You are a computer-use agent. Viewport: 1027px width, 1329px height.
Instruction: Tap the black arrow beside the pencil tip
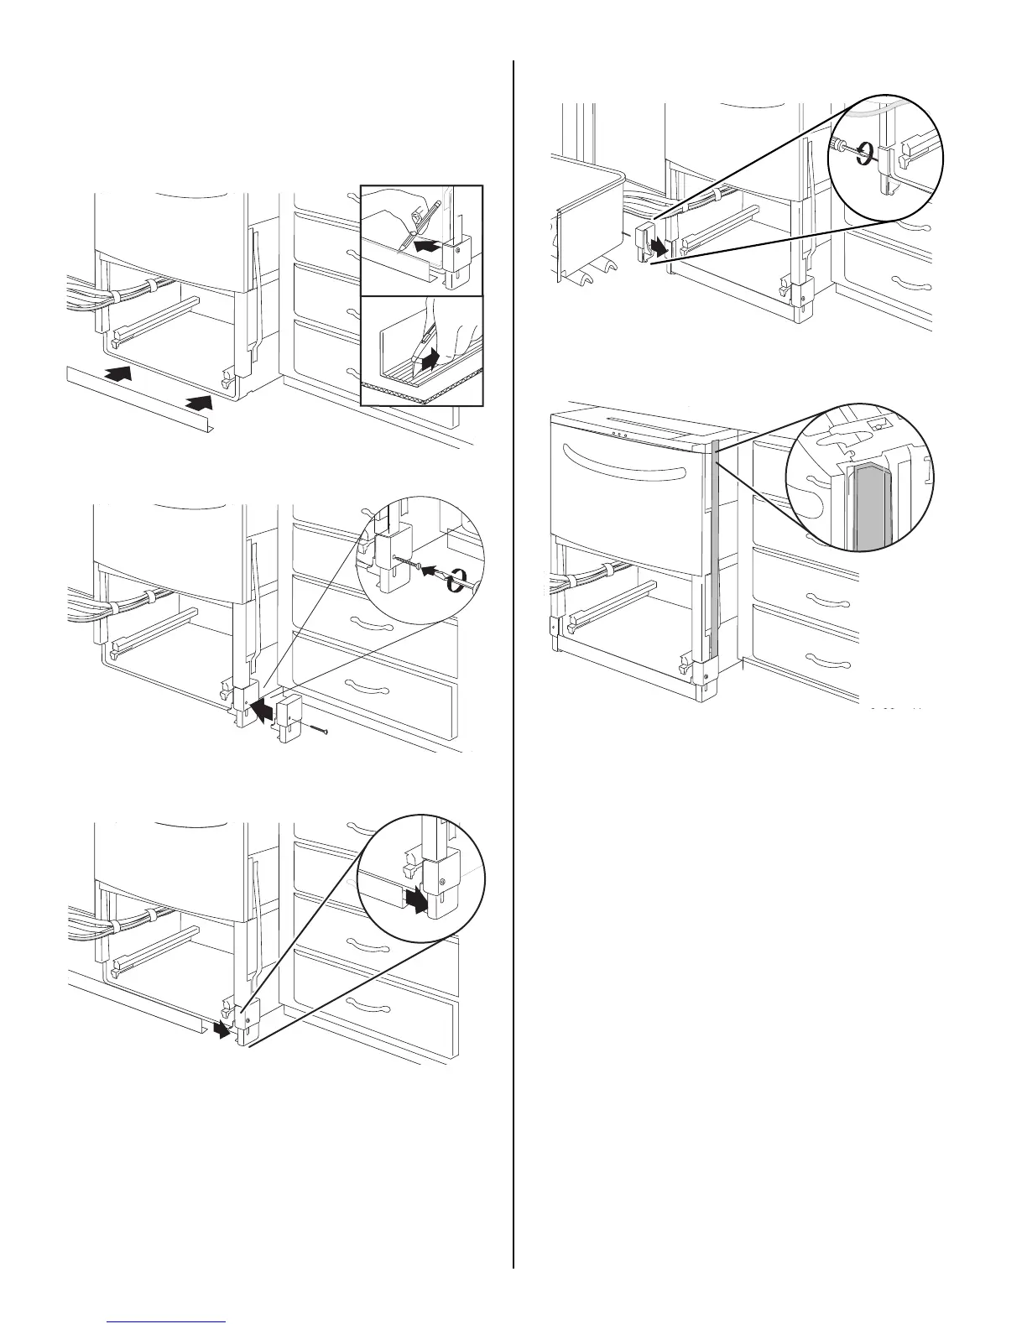pos(425,247)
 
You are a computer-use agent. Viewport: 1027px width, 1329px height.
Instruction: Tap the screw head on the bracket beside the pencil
pos(457,247)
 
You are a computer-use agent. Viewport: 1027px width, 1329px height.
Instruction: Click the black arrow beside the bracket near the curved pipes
pos(663,248)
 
